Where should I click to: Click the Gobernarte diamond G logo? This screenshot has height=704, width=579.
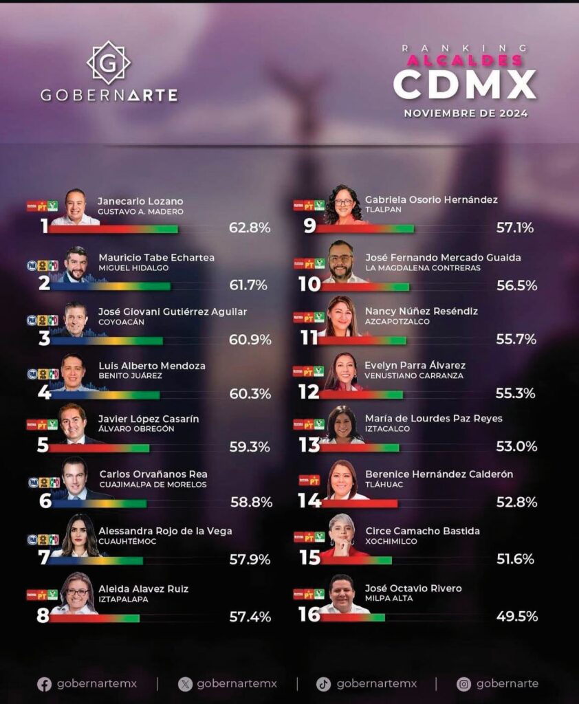pos(108,63)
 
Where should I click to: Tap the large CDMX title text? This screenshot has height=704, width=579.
pos(464,85)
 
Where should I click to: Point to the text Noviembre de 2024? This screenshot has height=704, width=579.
pos(466,113)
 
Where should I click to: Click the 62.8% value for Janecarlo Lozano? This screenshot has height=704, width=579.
pos(250,228)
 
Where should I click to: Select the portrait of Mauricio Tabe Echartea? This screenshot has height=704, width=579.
pos(76,265)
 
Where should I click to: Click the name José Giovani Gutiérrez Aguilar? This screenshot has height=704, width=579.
pos(172,312)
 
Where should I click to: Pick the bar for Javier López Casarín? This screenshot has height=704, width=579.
pos(99,449)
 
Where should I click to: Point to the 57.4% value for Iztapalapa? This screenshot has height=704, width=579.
pos(250,617)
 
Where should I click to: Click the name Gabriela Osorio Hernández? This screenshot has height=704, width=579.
pos(431,200)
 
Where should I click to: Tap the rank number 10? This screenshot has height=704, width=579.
pos(309,284)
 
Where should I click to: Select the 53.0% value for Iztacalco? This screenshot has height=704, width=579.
pos(516,447)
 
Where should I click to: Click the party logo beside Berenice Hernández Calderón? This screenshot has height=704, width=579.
pos(309,480)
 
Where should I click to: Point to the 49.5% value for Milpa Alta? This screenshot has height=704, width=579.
pos(516,616)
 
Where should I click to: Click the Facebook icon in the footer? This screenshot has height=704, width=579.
pos(44,684)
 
